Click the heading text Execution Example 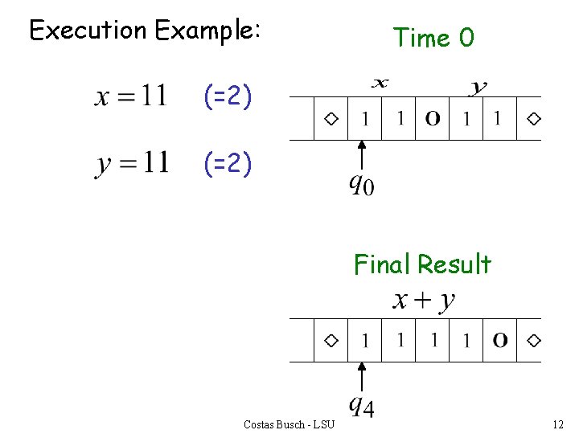click(145, 31)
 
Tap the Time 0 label click(433, 37)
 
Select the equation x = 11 click(132, 96)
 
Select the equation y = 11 click(132, 163)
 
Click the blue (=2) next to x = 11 click(228, 98)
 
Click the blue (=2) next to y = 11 click(228, 165)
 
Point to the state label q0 click(361, 186)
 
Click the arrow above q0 click(362, 156)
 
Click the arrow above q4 click(362, 377)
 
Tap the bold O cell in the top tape click(433, 119)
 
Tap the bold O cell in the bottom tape click(500, 341)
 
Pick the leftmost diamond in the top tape click(331, 119)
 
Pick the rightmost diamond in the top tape click(533, 119)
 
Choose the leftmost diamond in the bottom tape click(331, 341)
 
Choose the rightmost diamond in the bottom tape click(533, 341)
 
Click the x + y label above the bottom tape click(424, 301)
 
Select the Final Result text click(422, 264)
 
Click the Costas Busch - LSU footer click(289, 424)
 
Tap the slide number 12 click(559, 424)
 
